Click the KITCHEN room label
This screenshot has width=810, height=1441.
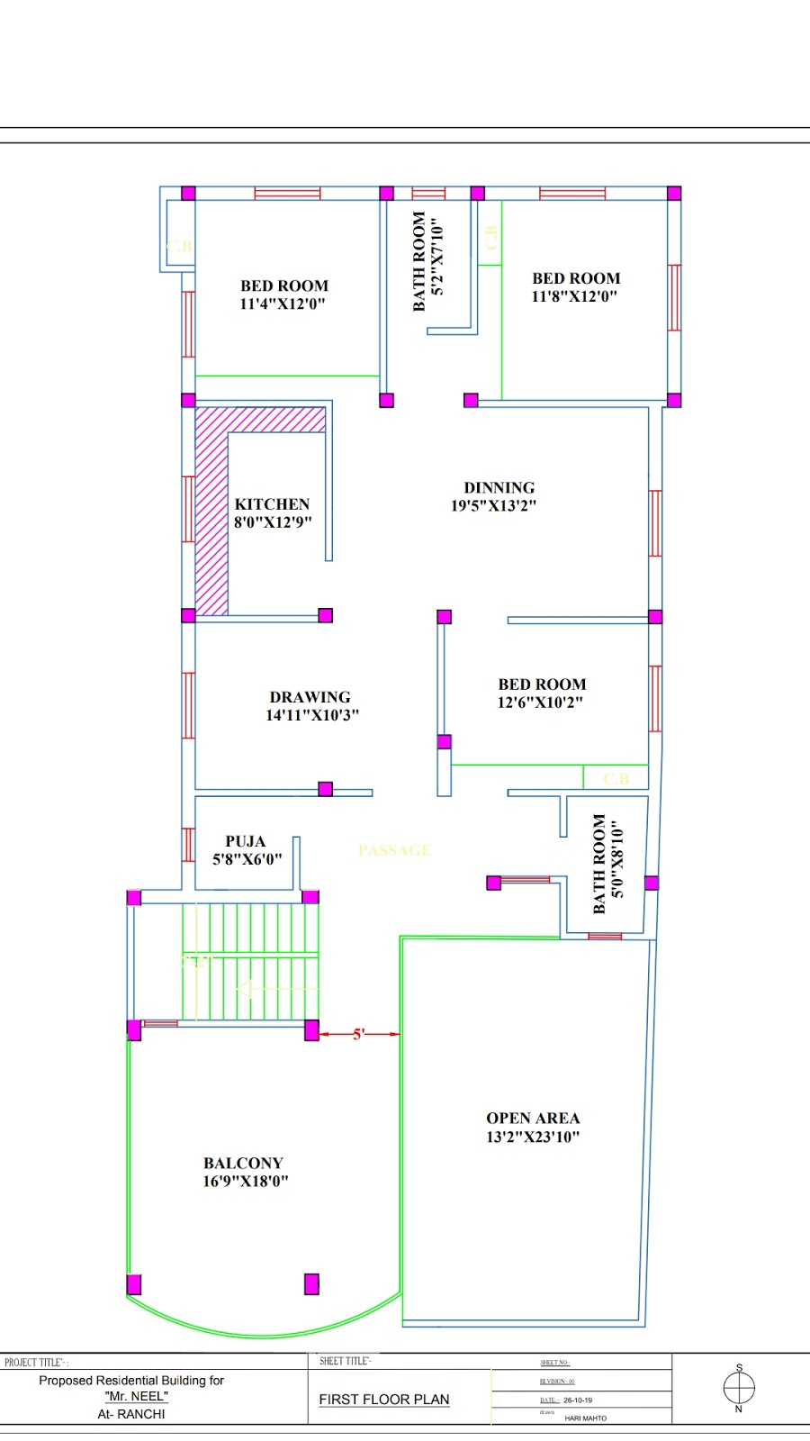(x=272, y=504)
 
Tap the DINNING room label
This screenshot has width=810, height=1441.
(x=499, y=487)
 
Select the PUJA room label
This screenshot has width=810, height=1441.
(x=245, y=841)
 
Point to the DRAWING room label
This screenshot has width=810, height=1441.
(x=310, y=697)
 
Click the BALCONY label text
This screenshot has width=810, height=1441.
(x=243, y=1163)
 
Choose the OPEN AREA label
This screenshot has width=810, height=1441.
(x=533, y=1118)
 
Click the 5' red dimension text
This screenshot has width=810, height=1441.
(x=358, y=1034)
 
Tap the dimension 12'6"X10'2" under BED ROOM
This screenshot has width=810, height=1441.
(x=540, y=702)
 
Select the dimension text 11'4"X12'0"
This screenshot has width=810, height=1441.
(x=283, y=304)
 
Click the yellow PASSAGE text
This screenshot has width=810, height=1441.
(x=394, y=850)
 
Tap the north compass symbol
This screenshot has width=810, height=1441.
(x=739, y=1388)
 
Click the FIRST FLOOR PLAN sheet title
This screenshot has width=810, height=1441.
(x=384, y=1400)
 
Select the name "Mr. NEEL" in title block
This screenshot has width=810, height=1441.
(x=136, y=1396)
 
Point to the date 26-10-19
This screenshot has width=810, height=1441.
(x=578, y=1400)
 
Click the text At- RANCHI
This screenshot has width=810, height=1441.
(x=131, y=1414)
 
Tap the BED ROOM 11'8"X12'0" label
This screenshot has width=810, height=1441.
(x=575, y=287)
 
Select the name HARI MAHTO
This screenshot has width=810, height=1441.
(x=585, y=1418)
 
